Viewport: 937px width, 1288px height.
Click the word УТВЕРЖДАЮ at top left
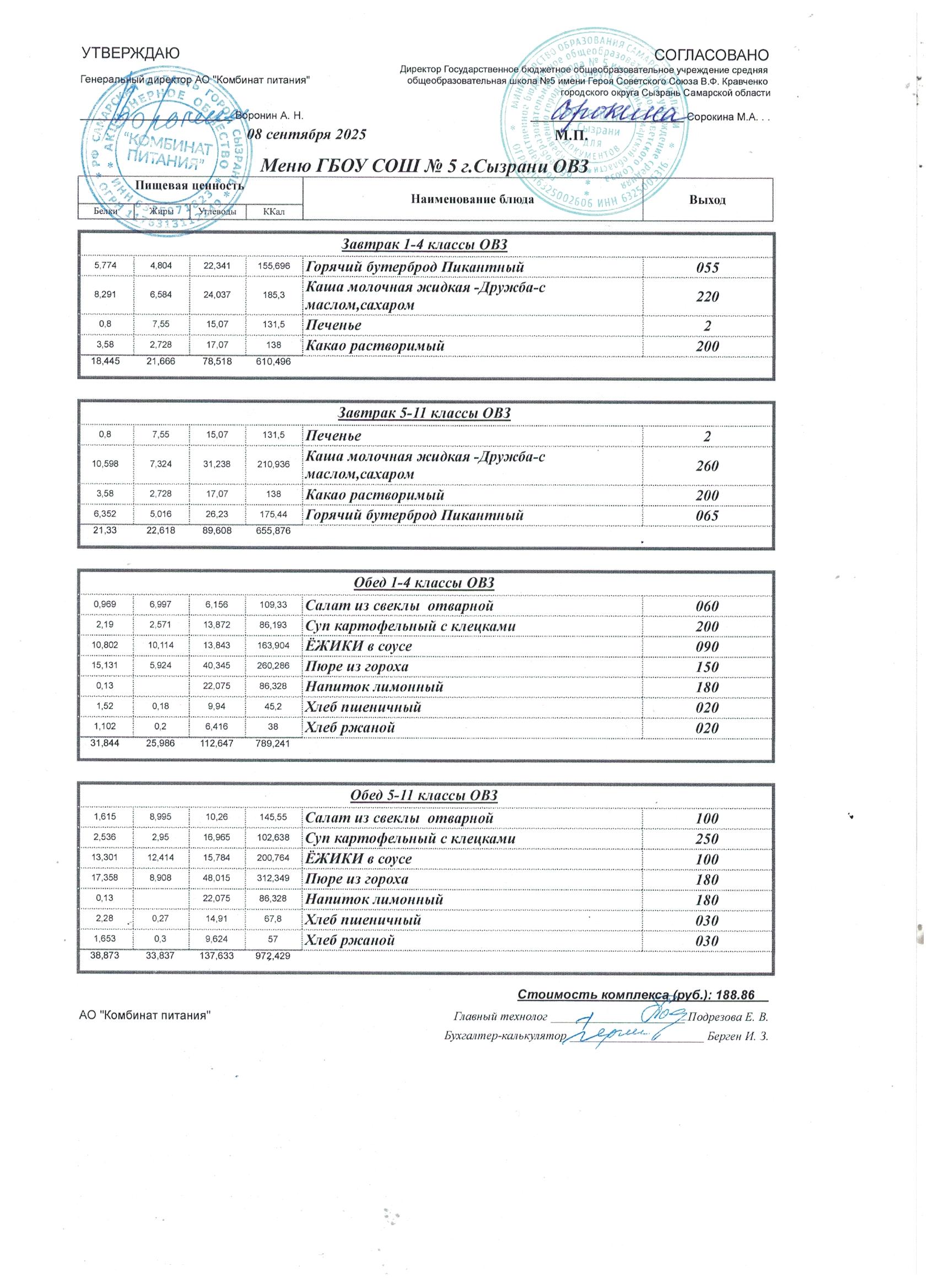point(131,53)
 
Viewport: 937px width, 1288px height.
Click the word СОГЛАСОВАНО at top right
point(712,55)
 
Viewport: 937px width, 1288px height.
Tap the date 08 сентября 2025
point(308,134)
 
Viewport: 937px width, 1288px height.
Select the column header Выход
point(708,200)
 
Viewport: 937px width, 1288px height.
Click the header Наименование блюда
point(472,199)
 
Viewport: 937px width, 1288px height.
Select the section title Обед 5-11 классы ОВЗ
point(426,795)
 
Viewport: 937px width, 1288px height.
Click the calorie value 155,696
point(273,266)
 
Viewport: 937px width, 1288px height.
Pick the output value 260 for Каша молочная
point(708,466)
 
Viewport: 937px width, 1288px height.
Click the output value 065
point(708,516)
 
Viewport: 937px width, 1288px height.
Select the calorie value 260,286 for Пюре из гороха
point(273,666)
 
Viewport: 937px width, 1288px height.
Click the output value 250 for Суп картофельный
point(708,839)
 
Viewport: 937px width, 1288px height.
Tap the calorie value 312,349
point(273,879)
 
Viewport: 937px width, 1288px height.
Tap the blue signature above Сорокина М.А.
point(620,111)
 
